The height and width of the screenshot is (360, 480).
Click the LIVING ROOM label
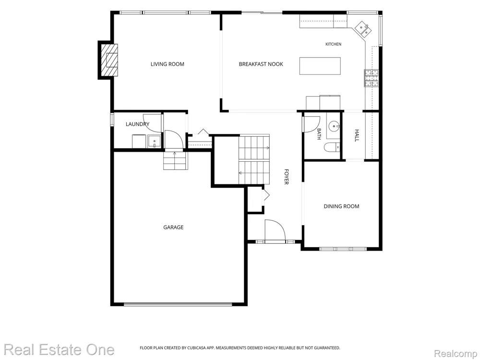[x=167, y=64]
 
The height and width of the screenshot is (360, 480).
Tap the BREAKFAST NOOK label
[x=261, y=64]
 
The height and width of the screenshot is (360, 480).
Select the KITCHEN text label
[x=333, y=44]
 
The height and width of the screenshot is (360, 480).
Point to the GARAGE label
[x=173, y=227]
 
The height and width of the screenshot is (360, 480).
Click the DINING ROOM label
[x=341, y=206]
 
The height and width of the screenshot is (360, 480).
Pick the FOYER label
[x=286, y=177]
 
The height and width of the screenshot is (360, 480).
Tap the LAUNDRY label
[x=137, y=124]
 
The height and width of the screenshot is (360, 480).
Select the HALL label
[x=357, y=135]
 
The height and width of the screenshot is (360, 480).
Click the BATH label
[x=319, y=134]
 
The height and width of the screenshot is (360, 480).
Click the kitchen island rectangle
[x=320, y=66]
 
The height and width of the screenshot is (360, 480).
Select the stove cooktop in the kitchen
[x=371, y=78]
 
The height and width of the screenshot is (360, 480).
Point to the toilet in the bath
[x=332, y=147]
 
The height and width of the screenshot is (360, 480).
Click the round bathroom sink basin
[x=334, y=126]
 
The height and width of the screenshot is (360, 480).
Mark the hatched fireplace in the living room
[x=109, y=60]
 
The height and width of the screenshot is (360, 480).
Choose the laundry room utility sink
[x=154, y=142]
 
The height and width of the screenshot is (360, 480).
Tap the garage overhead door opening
[x=178, y=304]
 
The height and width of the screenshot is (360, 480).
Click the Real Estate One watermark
[x=59, y=349]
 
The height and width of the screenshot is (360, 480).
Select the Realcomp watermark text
[x=456, y=354]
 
